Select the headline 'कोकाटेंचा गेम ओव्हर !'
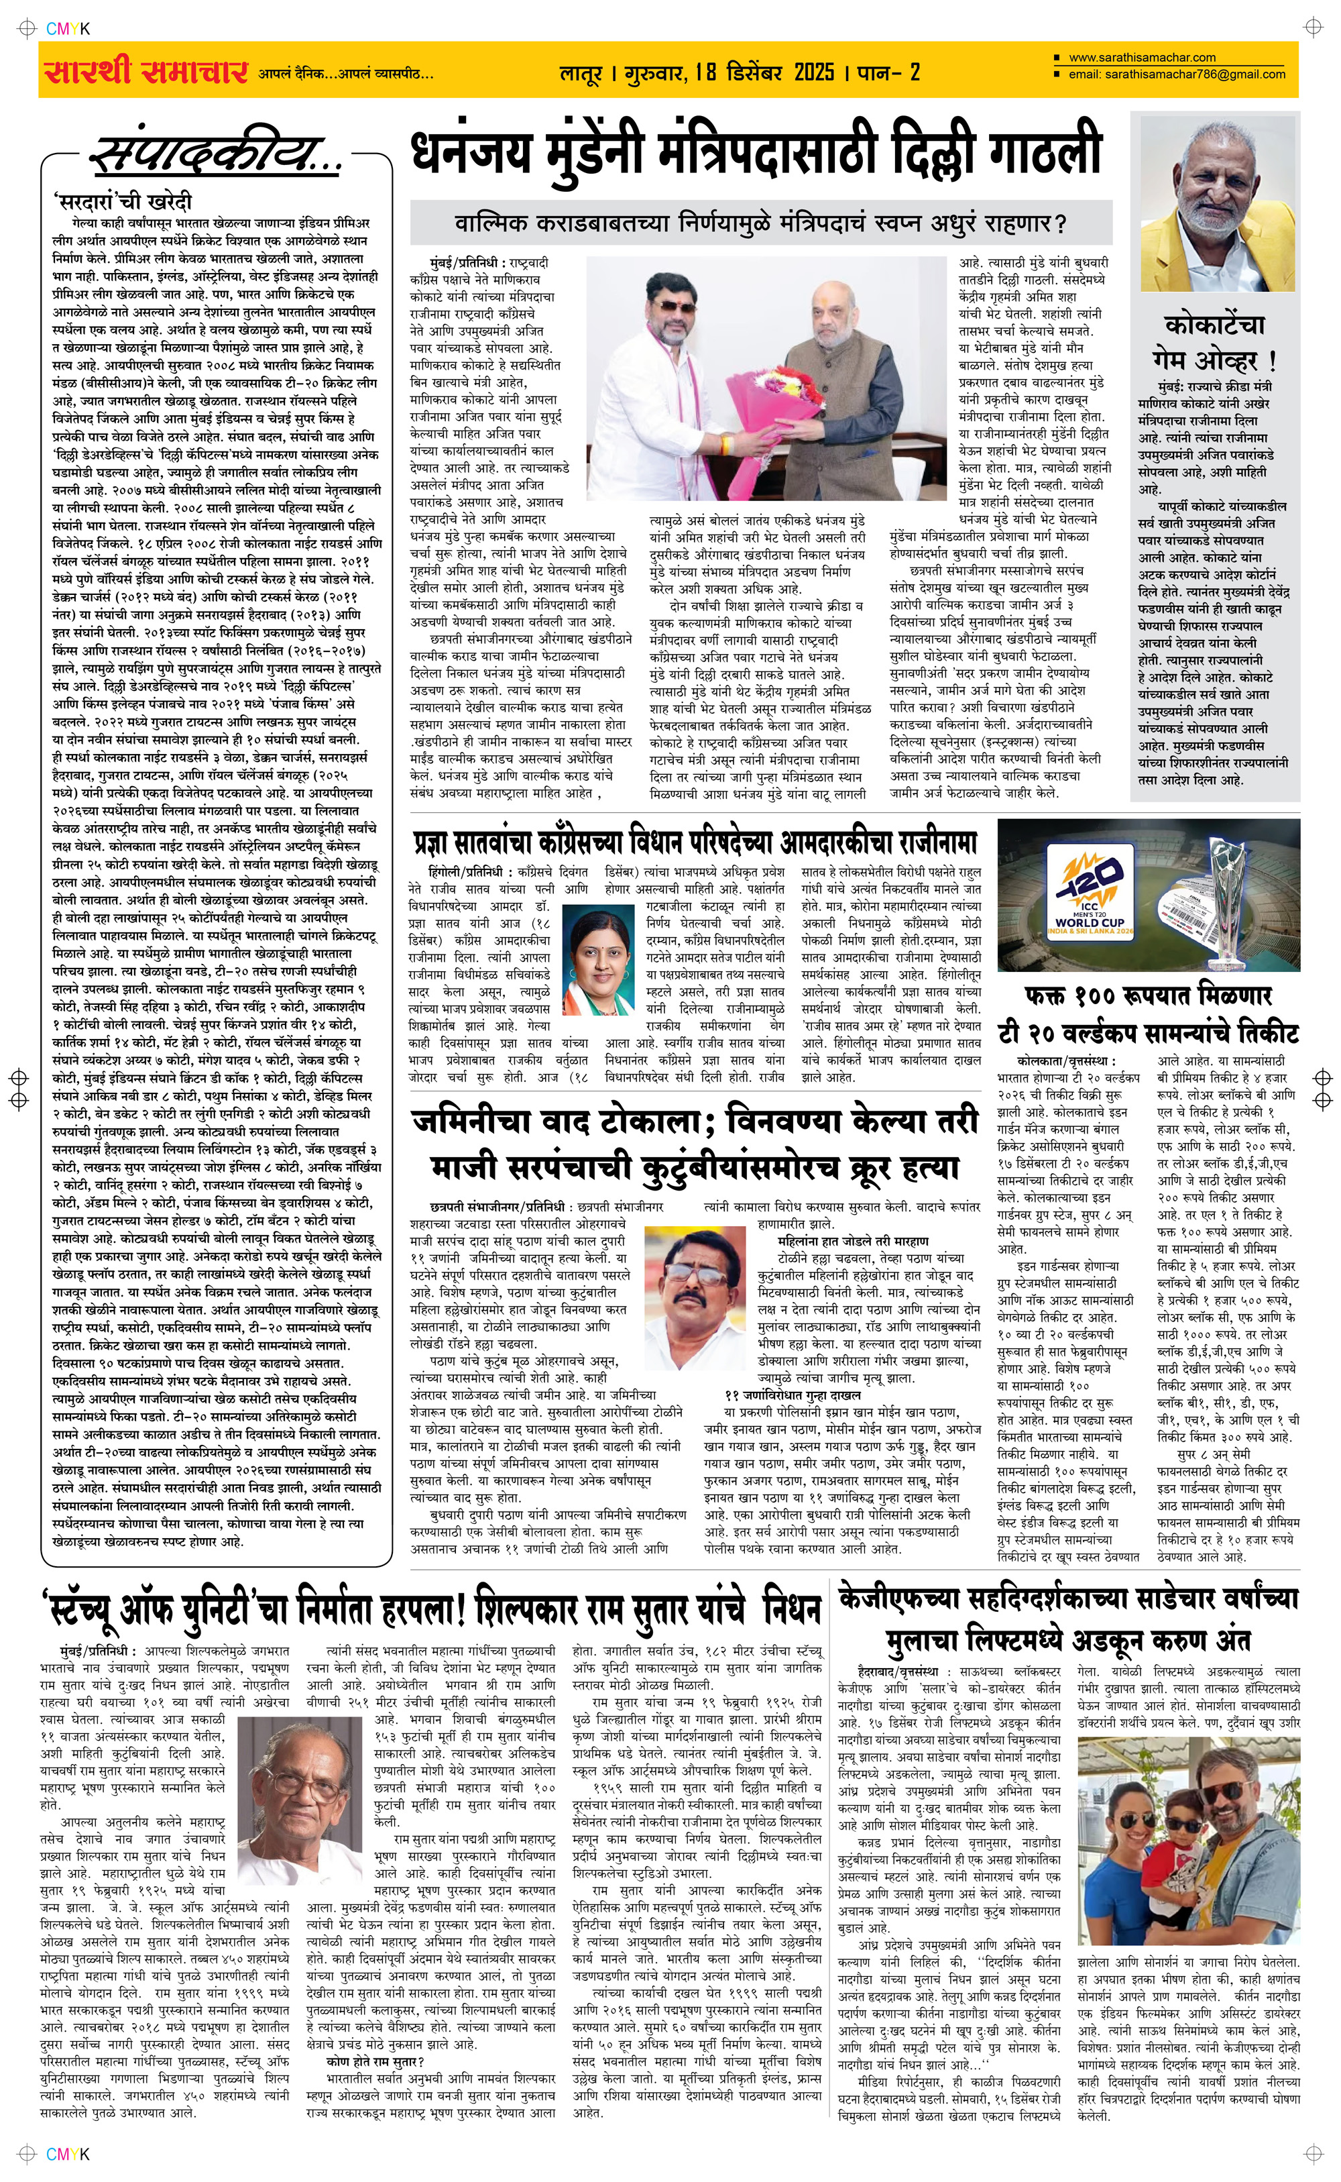[x=1214, y=341]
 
